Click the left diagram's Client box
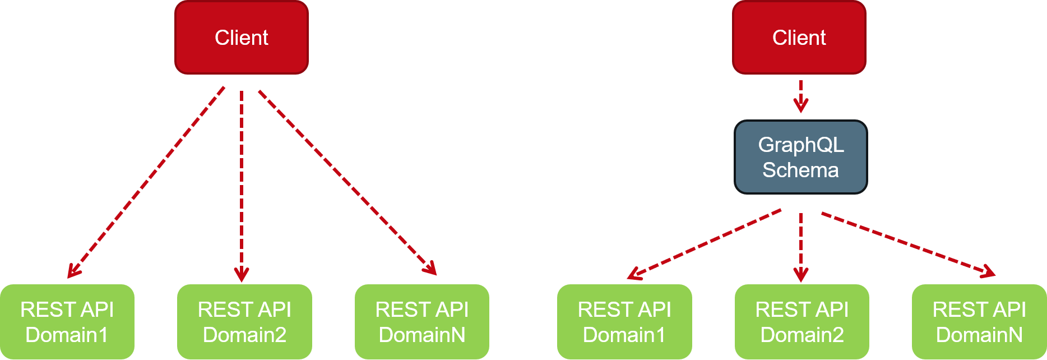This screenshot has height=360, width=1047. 242,38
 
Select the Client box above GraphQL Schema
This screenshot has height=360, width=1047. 799,38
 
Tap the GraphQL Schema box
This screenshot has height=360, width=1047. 800,158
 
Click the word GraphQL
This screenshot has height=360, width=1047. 800,145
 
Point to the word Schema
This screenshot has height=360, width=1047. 800,170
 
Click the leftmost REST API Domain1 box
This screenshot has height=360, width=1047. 67,322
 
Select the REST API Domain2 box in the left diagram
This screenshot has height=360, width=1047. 244,322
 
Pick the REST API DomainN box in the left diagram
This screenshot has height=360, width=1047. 421,322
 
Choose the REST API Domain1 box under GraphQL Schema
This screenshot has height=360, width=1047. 624,322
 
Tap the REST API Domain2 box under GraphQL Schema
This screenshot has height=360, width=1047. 802,322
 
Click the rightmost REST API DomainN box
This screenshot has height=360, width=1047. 979,322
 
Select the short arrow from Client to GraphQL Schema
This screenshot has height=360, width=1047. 800,96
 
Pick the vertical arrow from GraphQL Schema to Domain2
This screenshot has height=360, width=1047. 800,247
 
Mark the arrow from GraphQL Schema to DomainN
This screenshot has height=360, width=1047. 908,244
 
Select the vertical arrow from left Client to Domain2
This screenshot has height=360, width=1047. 242,185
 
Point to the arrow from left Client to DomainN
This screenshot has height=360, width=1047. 348,182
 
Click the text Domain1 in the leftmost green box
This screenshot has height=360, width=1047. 67,335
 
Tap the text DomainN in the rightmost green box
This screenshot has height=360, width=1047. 979,335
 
